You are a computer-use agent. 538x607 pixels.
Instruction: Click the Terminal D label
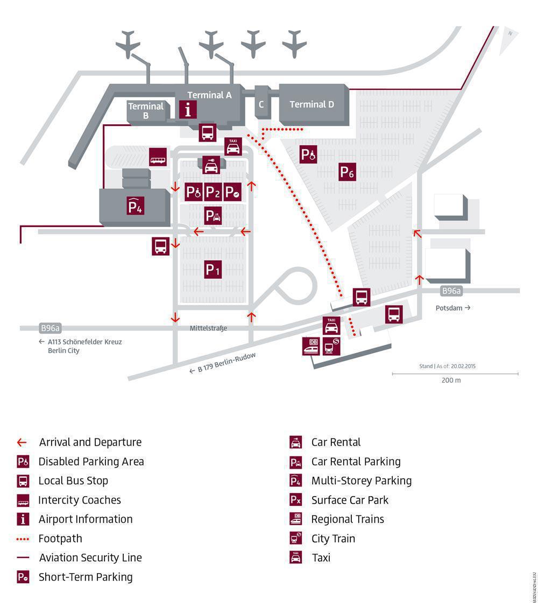point(312,104)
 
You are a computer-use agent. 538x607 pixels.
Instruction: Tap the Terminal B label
point(146,110)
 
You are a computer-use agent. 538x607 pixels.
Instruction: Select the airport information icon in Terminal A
point(188,110)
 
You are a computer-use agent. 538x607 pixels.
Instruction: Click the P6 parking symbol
point(347,172)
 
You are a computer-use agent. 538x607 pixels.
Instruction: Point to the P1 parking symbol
point(213,269)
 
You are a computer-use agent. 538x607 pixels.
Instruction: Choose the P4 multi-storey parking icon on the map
point(135,206)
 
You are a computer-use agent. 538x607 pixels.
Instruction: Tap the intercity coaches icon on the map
point(158,157)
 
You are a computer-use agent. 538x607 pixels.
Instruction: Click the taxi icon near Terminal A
point(233,146)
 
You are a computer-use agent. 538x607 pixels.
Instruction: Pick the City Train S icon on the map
point(331,346)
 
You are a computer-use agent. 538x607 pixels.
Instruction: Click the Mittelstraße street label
point(208,328)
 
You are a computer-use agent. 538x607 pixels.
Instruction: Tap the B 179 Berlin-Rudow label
point(226,363)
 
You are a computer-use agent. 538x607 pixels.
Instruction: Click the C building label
point(261,104)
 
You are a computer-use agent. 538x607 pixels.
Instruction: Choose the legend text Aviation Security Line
point(90,557)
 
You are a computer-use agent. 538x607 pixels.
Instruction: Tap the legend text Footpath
point(60,538)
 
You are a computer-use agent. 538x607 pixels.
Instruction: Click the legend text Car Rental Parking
point(356,461)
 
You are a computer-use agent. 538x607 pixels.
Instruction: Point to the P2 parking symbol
point(213,192)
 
